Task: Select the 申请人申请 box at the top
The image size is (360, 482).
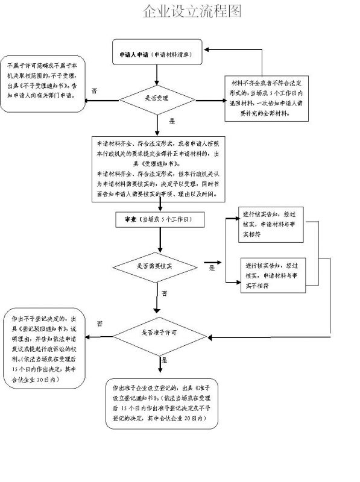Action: coord(157,54)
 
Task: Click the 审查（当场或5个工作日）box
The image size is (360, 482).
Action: coord(157,220)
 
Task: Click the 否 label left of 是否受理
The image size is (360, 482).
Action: coord(94,90)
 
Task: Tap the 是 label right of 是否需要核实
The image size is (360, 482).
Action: coord(212,268)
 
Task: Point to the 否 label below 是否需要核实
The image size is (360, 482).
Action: coord(164,293)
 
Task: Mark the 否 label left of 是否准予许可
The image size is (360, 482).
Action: coord(99,324)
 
